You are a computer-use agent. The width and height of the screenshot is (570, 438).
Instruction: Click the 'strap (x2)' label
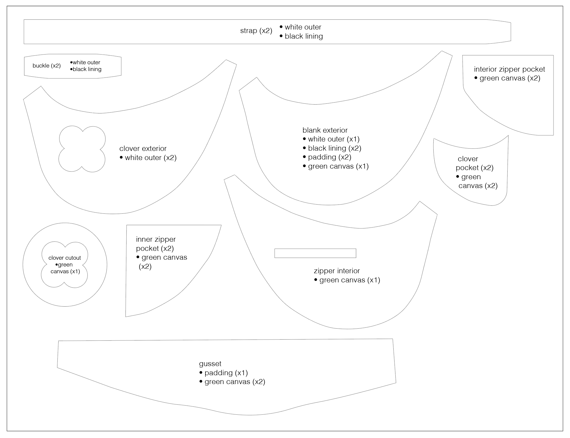pyautogui.click(x=256, y=31)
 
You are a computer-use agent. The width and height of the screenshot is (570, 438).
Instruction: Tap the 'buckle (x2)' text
pyautogui.click(x=47, y=66)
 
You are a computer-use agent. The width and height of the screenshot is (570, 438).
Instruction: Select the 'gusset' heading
pyautogui.click(x=210, y=364)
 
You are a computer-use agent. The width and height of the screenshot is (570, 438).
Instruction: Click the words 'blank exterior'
pyautogui.click(x=325, y=130)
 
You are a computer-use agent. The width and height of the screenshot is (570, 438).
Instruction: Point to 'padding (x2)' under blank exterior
pyautogui.click(x=329, y=157)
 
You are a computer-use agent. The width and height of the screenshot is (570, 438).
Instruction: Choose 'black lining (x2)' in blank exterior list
pyautogui.click(x=334, y=148)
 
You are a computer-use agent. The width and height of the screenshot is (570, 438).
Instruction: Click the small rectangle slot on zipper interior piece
pyautogui.click(x=315, y=253)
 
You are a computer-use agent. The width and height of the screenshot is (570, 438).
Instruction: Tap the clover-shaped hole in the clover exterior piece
pyautogui.click(x=82, y=149)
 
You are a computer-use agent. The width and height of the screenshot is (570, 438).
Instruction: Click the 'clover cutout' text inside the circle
pyautogui.click(x=64, y=258)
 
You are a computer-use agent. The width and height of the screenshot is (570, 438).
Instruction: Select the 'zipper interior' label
pyautogui.click(x=337, y=271)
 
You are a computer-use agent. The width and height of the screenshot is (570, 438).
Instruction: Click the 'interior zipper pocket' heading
pyautogui.click(x=509, y=69)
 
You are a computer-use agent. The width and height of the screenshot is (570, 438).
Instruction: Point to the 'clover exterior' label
pyautogui.click(x=143, y=149)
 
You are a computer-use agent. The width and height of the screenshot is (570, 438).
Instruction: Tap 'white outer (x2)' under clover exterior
pyautogui.click(x=150, y=158)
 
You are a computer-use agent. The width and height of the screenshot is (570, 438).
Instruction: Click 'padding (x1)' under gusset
pyautogui.click(x=226, y=373)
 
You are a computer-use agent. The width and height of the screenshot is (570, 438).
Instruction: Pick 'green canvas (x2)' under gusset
pyautogui.click(x=235, y=382)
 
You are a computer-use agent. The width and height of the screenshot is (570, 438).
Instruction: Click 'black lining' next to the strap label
pyautogui.click(x=304, y=36)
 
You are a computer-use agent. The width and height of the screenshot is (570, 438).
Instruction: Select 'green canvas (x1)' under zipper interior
pyautogui.click(x=349, y=280)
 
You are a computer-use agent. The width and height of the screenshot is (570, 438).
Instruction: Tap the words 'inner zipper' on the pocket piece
pyautogui.click(x=156, y=239)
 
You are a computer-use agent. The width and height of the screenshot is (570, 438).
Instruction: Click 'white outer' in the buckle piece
pyautogui.click(x=86, y=62)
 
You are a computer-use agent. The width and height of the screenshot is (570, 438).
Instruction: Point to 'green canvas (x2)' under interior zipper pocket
pyautogui.click(x=510, y=78)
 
